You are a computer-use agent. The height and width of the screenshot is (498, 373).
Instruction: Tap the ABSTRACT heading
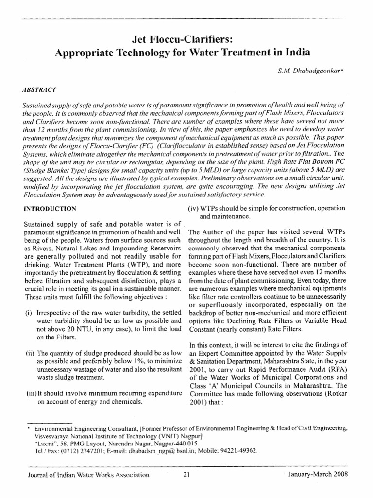click(x=39, y=90)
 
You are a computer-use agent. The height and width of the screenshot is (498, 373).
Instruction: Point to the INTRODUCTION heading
click(x=50, y=209)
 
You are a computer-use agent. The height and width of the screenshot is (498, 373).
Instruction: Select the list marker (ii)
click(x=29, y=352)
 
